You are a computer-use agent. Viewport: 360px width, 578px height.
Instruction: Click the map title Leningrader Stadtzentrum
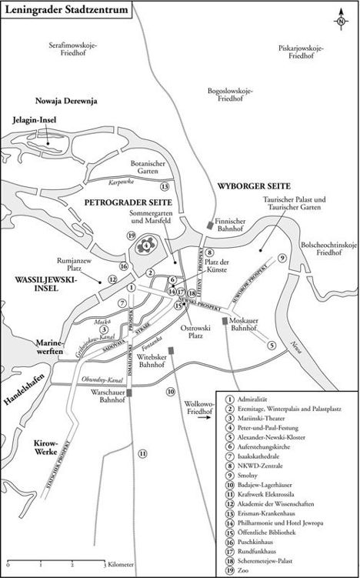[x=65, y=8]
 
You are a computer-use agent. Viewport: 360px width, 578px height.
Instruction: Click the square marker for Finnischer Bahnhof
[x=211, y=225]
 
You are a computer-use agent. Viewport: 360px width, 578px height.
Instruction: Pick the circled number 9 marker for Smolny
[x=283, y=257]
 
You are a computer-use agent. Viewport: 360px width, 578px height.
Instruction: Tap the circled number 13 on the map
[x=164, y=186]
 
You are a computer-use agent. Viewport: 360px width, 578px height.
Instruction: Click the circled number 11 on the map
[x=142, y=453]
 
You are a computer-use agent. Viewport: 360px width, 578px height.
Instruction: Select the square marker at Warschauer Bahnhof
[x=132, y=393]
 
